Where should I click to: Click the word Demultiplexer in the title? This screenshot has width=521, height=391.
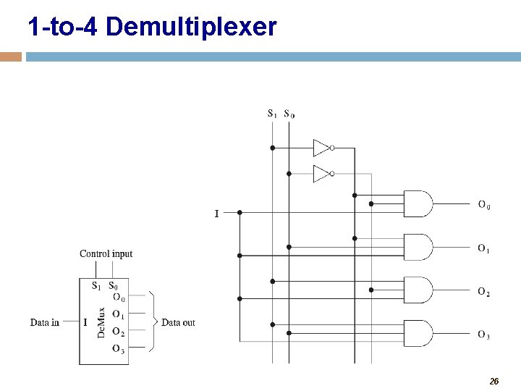pos(191,28)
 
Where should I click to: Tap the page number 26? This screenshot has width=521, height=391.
pos(494,381)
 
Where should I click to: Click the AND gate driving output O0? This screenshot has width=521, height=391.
pos(418,203)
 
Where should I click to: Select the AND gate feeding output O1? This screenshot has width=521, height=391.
pos(418,247)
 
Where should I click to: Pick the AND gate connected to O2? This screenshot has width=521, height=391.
pos(418,290)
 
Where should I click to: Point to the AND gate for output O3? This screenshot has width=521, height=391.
pos(418,333)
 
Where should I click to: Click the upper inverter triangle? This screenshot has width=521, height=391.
pos(321,148)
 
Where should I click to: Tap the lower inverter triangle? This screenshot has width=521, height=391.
pos(321,174)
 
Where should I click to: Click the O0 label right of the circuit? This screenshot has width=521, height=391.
pos(483,205)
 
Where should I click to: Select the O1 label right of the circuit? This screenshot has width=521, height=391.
pos(483,248)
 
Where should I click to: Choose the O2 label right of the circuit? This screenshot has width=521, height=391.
pos(483,292)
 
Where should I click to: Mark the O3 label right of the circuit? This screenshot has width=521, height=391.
pos(483,335)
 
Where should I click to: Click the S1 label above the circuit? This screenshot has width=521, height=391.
pos(272,113)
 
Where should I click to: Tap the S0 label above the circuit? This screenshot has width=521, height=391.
pos(289,113)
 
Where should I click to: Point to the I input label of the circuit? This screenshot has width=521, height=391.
pos(216,214)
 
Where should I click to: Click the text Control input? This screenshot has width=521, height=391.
pos(106,253)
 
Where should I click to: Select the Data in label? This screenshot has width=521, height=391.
pos(45,322)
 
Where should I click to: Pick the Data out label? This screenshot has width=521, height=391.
pos(178,322)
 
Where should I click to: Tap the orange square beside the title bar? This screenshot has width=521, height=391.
pos(11,56)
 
